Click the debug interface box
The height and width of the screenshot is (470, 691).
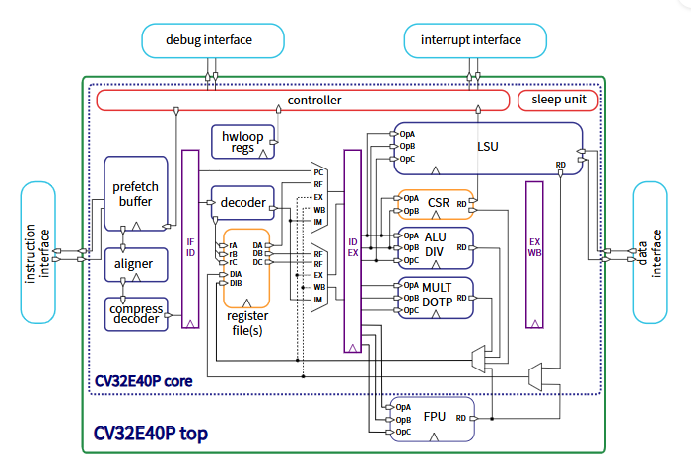click(x=213, y=40)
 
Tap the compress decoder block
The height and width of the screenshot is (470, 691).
click(x=136, y=313)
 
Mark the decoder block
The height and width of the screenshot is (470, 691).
click(x=242, y=202)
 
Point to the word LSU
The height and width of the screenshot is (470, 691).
click(x=487, y=147)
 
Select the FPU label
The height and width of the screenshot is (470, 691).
click(x=435, y=417)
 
